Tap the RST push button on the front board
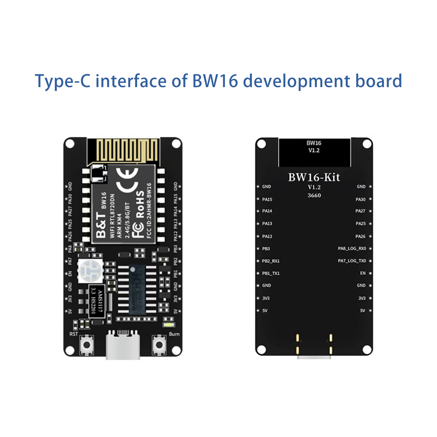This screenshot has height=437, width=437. click(87, 345)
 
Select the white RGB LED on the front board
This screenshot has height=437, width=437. click(90, 271)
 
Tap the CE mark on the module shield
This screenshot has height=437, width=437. click(127, 181)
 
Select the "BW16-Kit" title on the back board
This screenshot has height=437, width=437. click(314, 178)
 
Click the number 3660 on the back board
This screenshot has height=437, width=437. click(314, 195)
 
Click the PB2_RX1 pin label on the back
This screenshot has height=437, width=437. click(271, 261)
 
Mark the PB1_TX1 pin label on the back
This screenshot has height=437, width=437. click(271, 273)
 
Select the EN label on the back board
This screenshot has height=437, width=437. click(363, 273)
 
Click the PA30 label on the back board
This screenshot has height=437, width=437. click(360, 199)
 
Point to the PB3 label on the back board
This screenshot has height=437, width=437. click(266, 249)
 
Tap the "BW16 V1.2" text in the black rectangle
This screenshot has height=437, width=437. click(314, 147)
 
